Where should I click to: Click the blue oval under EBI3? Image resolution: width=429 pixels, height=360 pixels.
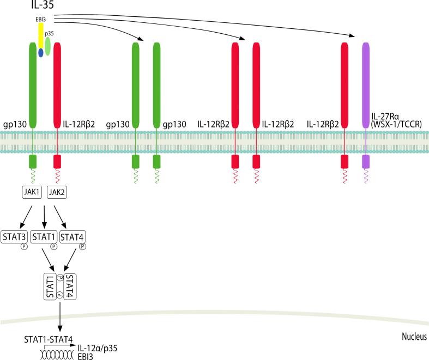[41, 53]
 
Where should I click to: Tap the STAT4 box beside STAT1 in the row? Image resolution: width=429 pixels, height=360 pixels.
[73, 236]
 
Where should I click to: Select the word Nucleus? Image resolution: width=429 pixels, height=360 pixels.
[413, 336]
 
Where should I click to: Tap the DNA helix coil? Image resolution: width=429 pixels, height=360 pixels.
[54, 352]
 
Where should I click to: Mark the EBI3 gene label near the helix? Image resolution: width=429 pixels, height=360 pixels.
[85, 356]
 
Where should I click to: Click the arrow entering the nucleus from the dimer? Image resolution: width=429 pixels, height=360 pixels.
[59, 315]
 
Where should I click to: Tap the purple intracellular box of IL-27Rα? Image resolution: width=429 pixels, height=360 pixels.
[366, 161]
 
